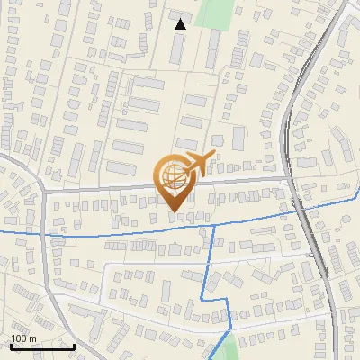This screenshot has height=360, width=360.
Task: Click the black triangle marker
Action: (x=181, y=24)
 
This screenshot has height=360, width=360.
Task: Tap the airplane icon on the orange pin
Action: (x=197, y=164)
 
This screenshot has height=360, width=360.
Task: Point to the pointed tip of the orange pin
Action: (x=175, y=211)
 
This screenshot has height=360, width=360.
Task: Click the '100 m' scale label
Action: (x=23, y=337)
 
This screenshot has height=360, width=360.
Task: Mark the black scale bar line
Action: (x=41, y=346)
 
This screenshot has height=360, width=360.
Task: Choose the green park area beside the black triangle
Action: (x=213, y=14)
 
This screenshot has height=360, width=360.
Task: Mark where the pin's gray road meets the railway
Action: (x=290, y=179)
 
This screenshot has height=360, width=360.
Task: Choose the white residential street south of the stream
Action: (x=162, y=265)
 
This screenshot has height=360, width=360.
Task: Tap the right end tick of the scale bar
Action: (x=74, y=346)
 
